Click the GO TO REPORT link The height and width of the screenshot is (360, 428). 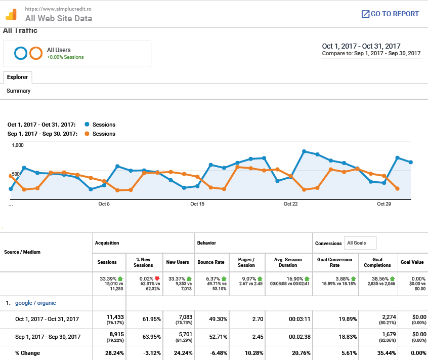390,14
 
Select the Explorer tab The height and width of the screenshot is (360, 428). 18,77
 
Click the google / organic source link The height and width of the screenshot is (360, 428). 35,303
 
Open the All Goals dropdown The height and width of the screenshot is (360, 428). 360,243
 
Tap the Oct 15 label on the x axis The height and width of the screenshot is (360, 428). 197,204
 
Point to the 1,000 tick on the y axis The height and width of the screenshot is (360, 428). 18,145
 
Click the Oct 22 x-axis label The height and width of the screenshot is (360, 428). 291,204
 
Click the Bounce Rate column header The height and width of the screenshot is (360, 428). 210,262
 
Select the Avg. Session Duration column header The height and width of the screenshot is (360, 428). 288,262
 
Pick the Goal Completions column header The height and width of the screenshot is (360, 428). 377,262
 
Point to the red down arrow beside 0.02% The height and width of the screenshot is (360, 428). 157,278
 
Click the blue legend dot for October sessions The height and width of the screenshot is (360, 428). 87,125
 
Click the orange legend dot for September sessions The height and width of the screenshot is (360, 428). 87,134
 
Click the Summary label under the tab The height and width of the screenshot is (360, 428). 19,91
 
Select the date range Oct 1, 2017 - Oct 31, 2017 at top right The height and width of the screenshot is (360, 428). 361,46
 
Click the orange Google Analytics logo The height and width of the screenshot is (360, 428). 11,14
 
